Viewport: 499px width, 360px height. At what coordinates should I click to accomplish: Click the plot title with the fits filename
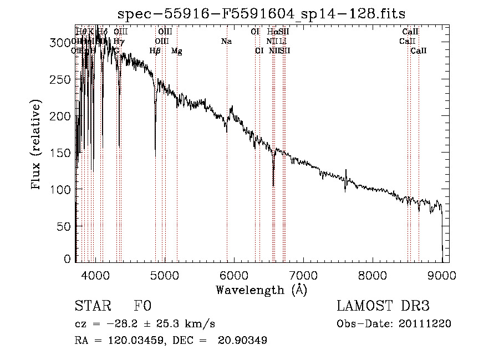pyautogui.click(x=261, y=13)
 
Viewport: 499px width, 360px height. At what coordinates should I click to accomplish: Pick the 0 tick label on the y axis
pyautogui.click(x=68, y=258)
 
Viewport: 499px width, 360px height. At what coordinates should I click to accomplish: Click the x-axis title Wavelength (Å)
pyautogui.click(x=261, y=290)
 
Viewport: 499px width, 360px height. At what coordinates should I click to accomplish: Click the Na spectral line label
pyautogui.click(x=226, y=41)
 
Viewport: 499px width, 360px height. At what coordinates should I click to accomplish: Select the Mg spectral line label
pyautogui.click(x=176, y=51)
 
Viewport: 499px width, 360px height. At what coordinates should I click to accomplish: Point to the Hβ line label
pyautogui.click(x=155, y=51)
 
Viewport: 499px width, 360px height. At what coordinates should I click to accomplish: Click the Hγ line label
pyautogui.click(x=119, y=41)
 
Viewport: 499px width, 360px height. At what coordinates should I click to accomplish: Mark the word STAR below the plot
pyautogui.click(x=93, y=306)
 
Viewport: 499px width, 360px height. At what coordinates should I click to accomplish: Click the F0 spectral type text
pyautogui.click(x=142, y=306)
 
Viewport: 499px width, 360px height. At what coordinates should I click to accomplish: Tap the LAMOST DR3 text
pyautogui.click(x=383, y=306)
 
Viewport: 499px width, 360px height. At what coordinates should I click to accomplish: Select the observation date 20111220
pyautogui.click(x=427, y=323)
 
